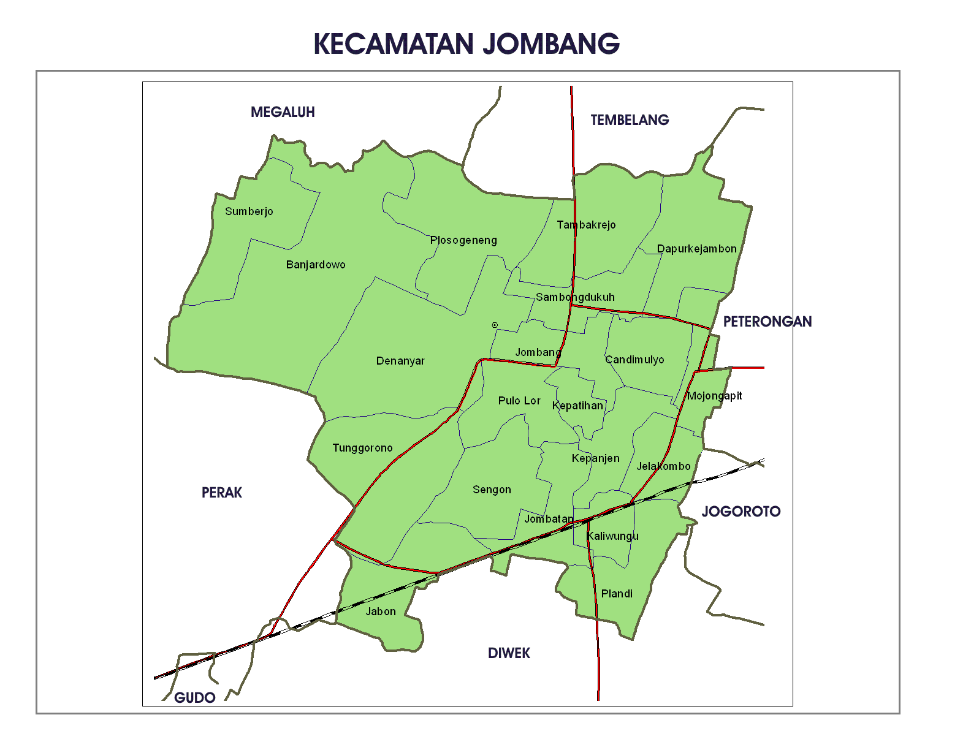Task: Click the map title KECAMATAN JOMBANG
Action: [x=466, y=44]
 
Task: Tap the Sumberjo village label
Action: [x=249, y=211]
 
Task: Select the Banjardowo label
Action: [x=316, y=265]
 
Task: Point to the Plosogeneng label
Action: [x=463, y=240]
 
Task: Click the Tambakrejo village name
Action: [x=586, y=225]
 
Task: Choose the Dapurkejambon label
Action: [x=696, y=249]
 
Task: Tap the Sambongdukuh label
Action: [x=575, y=297]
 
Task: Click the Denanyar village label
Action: [x=400, y=361]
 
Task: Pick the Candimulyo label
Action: [x=634, y=360]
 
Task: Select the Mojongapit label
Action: [x=714, y=396]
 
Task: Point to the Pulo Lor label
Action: [x=519, y=401]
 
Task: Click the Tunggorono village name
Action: [x=362, y=448]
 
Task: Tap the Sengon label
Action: [x=492, y=490]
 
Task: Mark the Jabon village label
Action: [x=381, y=612]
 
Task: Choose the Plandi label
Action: [x=617, y=594]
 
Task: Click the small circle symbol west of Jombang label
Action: [x=495, y=325]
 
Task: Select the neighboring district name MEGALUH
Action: [x=283, y=112]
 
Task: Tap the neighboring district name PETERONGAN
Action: [x=767, y=322]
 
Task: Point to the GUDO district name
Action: [x=194, y=698]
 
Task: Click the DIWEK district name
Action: [x=509, y=653]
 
